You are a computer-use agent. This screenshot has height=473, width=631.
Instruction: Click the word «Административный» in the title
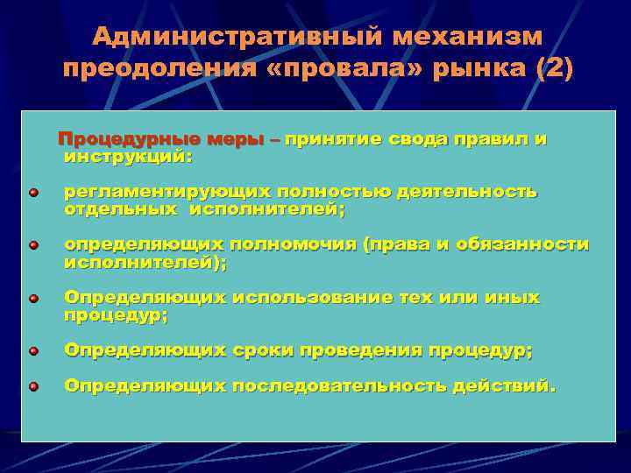coord(236,37)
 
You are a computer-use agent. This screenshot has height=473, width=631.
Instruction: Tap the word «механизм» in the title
coord(468,37)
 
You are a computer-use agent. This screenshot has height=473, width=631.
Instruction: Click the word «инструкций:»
coord(128,157)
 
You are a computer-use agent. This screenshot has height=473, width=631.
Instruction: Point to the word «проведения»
coord(361,351)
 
